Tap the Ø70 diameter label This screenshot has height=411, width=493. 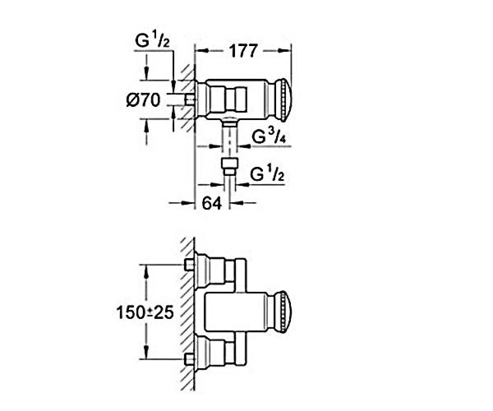pyautogui.click(x=143, y=100)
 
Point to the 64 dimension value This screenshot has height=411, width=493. pyautogui.click(x=212, y=203)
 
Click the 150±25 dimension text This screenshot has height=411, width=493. pyautogui.click(x=145, y=312)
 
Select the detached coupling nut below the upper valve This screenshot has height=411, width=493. pyautogui.click(x=229, y=166)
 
